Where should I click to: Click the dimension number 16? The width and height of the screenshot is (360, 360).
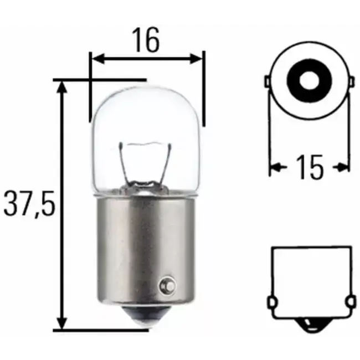[146, 39]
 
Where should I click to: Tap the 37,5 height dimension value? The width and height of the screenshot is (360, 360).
[28, 203]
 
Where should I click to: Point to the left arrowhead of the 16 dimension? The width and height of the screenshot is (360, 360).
[96, 58]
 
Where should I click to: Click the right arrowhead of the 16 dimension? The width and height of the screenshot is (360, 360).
[198, 58]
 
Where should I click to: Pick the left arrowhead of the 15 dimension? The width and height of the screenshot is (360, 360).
[274, 166]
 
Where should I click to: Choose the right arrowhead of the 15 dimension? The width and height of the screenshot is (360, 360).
[344, 166]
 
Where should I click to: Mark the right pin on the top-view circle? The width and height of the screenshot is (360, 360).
[348, 83]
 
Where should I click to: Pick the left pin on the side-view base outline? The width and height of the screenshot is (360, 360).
[271, 303]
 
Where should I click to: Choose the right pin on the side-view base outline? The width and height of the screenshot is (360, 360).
[349, 303]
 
